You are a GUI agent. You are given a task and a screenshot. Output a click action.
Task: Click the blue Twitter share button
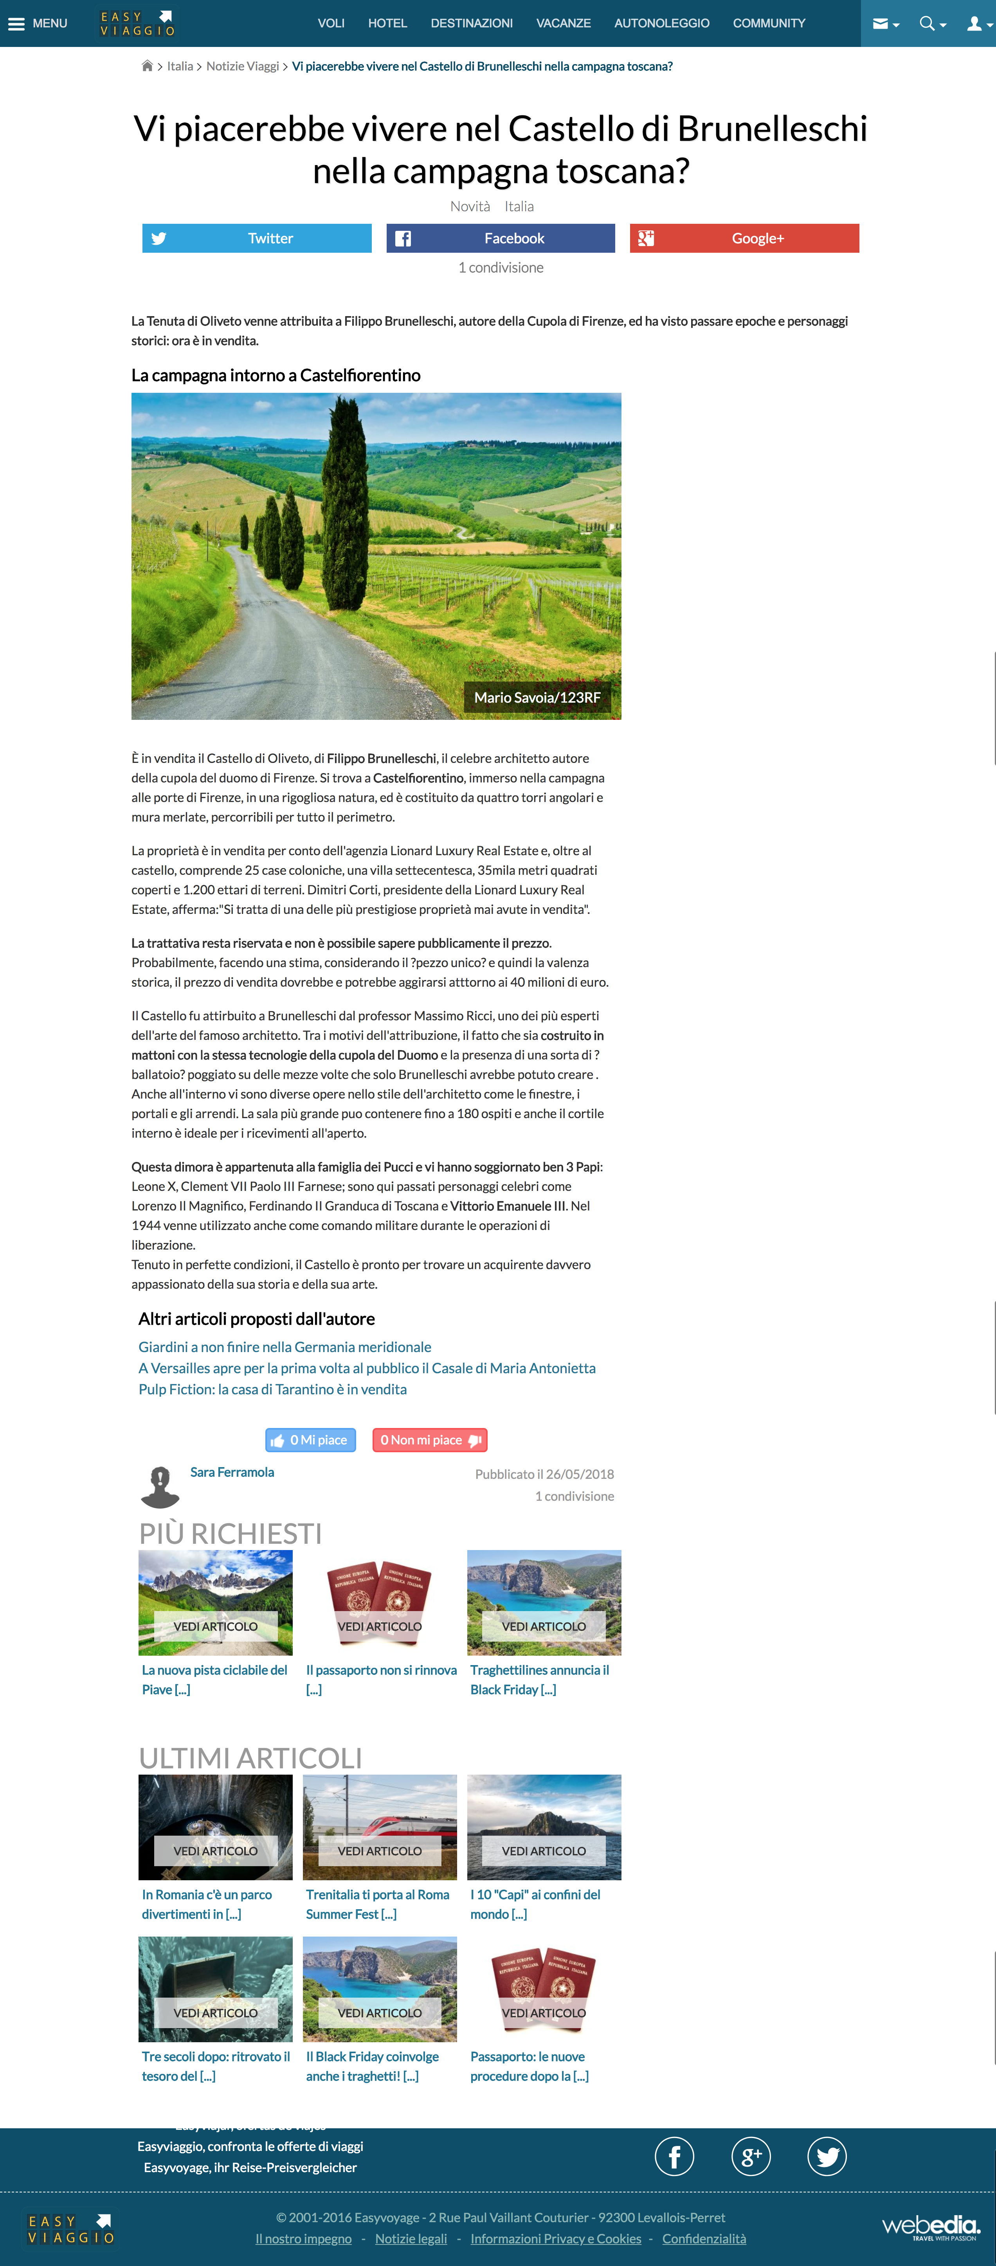(x=257, y=238)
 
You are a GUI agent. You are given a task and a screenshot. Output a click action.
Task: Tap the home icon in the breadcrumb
(x=147, y=66)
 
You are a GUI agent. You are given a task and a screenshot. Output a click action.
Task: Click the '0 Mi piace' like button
(x=311, y=1440)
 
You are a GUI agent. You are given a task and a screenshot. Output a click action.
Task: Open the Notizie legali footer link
(x=411, y=2239)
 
